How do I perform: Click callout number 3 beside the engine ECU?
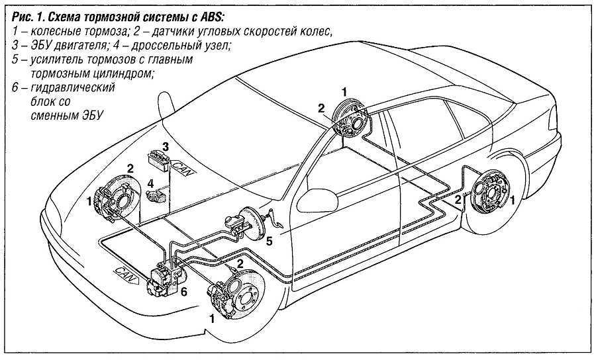point(166,146)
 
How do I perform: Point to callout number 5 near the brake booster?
point(269,242)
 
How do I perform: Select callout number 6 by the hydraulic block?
point(185,291)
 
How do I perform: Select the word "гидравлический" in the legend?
point(64,88)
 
